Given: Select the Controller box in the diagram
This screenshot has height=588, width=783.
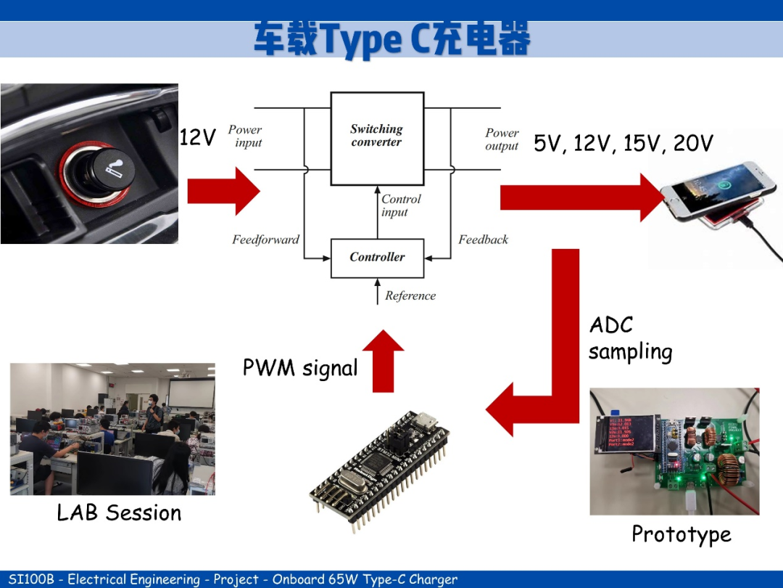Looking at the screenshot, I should pos(377,258).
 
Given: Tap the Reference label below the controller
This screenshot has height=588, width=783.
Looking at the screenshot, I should pos(410,296).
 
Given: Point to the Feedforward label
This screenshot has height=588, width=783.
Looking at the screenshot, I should pos(265,240).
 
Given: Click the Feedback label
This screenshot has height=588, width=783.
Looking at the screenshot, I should pos(483,240).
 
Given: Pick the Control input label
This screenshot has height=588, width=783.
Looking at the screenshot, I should pos(401,205).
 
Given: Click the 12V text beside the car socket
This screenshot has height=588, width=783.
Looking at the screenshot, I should pos(197,137).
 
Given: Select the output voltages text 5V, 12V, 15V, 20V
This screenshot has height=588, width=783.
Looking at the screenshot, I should pos(623,144).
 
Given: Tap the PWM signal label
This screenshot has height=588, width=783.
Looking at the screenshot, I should pos(300,368).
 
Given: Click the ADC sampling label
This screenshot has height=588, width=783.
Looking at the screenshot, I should pos(629,338).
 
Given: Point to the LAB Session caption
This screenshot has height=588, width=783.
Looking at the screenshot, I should pos(119,513).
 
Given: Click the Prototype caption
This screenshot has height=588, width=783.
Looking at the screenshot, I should pos(681,534).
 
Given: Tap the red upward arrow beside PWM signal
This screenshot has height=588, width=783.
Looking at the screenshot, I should pos(383,361).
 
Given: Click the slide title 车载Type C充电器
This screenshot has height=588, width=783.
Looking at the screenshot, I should pos(391,38).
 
